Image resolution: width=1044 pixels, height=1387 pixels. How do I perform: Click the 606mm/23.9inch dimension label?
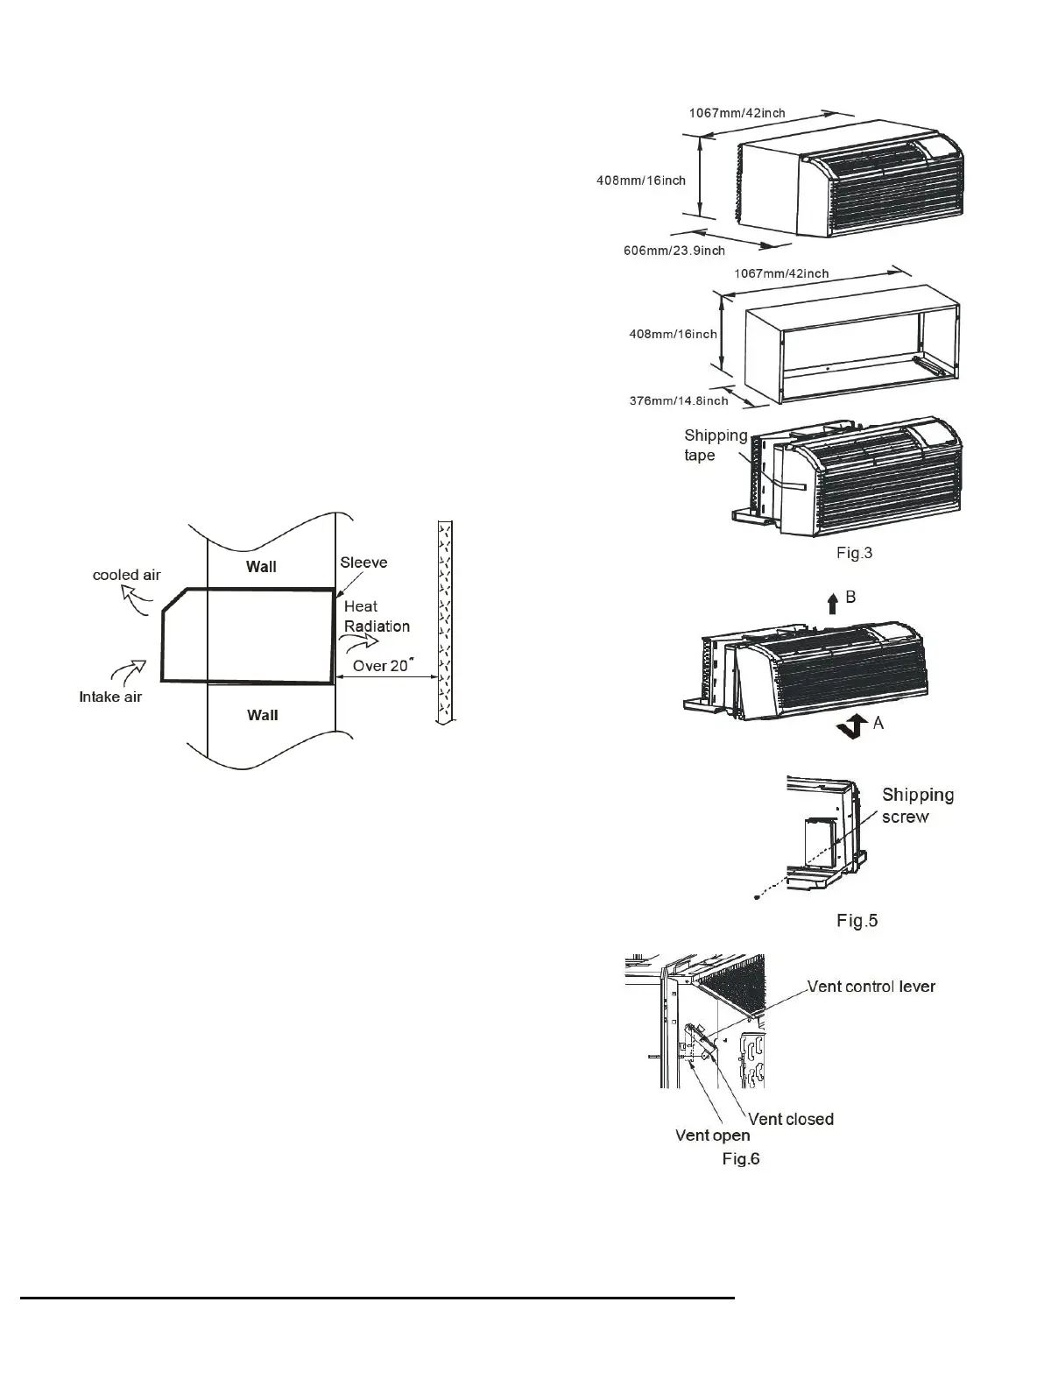tap(674, 251)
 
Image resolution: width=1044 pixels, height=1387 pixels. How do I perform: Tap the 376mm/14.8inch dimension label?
tap(679, 400)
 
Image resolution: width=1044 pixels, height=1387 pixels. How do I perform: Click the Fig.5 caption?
tap(857, 920)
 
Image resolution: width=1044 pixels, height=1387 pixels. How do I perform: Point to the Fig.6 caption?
tap(740, 1159)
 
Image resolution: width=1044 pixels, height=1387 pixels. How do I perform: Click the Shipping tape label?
tap(716, 445)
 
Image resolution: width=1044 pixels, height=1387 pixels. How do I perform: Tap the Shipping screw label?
tap(917, 805)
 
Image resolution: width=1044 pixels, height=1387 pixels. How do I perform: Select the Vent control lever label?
tap(871, 987)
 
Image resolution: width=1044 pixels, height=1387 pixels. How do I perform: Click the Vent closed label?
tap(790, 1119)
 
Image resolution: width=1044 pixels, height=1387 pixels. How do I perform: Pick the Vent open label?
tap(712, 1136)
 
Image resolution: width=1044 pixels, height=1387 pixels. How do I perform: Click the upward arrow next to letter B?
tap(832, 603)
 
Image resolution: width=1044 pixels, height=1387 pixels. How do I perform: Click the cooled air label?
tap(127, 575)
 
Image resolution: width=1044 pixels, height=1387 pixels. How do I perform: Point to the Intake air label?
tap(110, 697)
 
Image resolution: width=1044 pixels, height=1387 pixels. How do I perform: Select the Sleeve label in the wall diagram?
tap(363, 563)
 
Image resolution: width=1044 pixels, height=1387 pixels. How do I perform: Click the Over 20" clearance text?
tap(381, 666)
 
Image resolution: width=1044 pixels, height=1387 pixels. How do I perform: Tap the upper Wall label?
tap(261, 567)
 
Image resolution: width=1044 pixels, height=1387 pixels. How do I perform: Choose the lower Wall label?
tap(262, 715)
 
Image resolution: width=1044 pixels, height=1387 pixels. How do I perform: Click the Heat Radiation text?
tap(377, 616)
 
